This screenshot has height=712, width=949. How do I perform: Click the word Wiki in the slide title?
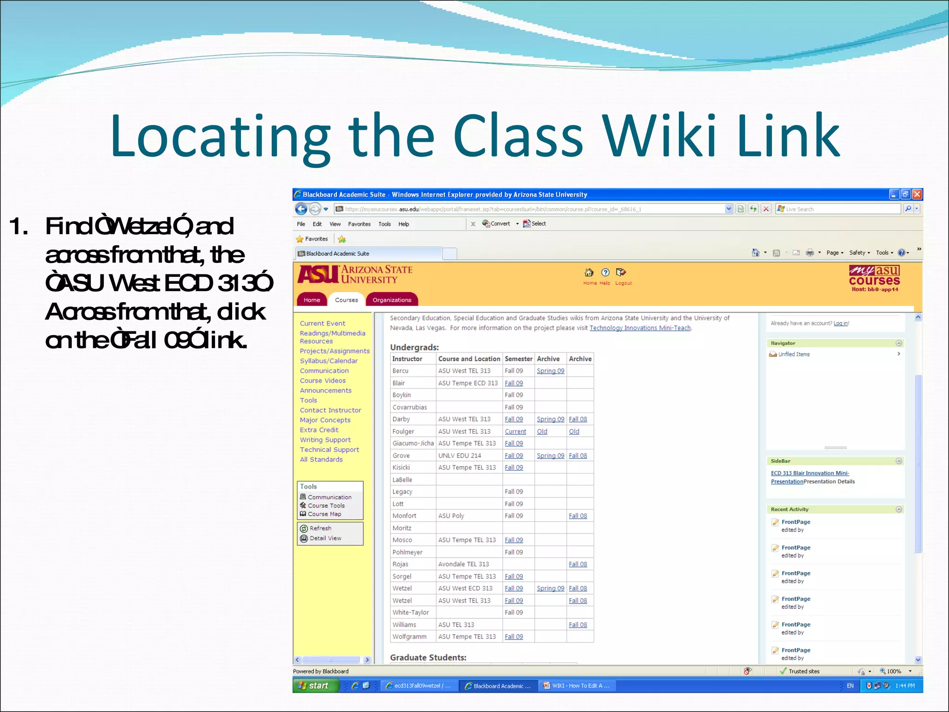click(x=660, y=135)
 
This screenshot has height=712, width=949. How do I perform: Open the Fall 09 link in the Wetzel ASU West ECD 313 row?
click(x=513, y=588)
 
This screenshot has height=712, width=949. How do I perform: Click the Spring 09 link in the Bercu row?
click(x=550, y=371)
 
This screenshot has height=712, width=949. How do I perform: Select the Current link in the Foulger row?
click(x=515, y=432)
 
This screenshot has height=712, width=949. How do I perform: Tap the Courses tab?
click(x=346, y=300)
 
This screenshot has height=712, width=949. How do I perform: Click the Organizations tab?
click(x=392, y=300)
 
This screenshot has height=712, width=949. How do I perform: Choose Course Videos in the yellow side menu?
click(x=323, y=381)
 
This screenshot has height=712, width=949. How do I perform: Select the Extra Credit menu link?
click(x=319, y=430)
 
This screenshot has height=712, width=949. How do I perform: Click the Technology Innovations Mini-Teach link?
click(x=639, y=328)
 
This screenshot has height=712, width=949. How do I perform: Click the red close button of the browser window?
click(x=917, y=194)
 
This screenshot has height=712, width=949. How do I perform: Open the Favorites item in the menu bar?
click(x=359, y=224)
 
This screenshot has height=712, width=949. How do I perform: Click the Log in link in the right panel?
click(x=841, y=323)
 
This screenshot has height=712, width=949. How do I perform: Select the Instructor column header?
click(x=407, y=359)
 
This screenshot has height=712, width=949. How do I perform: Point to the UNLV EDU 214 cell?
click(x=459, y=456)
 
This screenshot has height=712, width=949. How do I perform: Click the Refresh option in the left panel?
click(x=320, y=528)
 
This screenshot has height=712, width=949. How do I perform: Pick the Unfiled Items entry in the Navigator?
click(x=794, y=354)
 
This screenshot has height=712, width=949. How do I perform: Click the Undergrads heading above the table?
click(x=414, y=347)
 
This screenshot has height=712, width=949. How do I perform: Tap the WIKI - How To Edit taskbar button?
click(x=577, y=686)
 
